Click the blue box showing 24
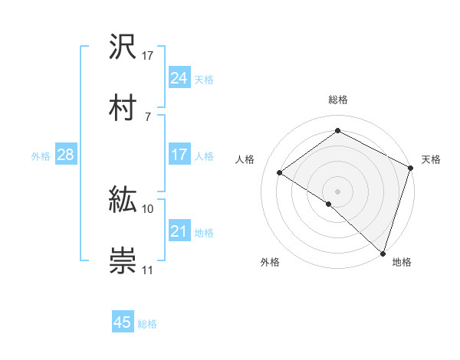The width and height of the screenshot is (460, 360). (x=179, y=78)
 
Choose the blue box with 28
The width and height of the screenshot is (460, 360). (x=65, y=155)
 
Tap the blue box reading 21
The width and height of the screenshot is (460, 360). (x=179, y=231)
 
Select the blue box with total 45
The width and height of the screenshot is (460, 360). (x=123, y=322)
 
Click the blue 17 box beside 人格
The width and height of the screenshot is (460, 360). (x=179, y=155)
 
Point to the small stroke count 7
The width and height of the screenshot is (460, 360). (x=147, y=116)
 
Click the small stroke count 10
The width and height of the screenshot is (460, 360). (x=148, y=208)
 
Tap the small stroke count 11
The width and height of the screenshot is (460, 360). (x=148, y=270)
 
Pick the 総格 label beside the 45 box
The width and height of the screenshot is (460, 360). (x=147, y=323)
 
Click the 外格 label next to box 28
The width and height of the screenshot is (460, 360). (x=41, y=155)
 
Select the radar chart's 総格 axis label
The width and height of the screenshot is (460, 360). (x=337, y=100)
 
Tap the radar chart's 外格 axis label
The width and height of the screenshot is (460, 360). (x=270, y=262)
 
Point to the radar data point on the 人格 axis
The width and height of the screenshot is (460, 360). (x=280, y=173)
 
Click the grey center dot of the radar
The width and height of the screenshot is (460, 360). (x=337, y=190)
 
